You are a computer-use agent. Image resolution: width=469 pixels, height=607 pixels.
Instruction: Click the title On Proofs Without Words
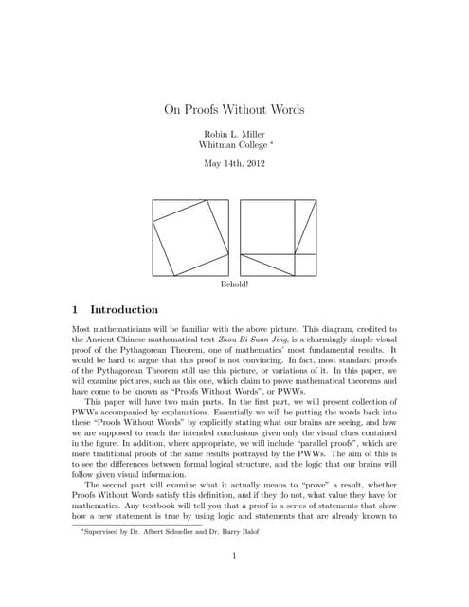(x=234, y=109)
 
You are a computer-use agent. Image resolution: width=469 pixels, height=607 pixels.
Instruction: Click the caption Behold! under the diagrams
(x=234, y=284)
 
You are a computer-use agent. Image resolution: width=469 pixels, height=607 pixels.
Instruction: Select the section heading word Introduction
(x=124, y=309)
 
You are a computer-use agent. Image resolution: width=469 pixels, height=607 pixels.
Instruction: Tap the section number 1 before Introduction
(x=76, y=309)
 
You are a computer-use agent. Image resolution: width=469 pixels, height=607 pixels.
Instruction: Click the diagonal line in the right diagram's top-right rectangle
(x=304, y=226)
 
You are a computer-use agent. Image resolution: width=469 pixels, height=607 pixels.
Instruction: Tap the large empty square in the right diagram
(x=266, y=226)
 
